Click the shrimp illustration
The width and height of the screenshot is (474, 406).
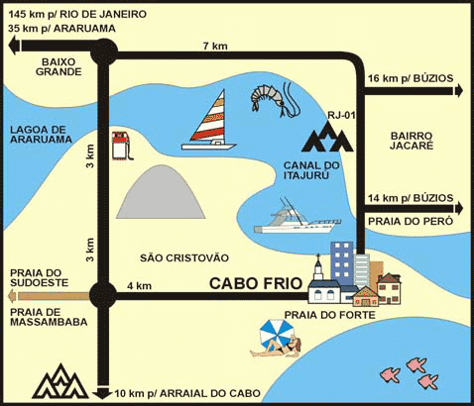tap(275, 98)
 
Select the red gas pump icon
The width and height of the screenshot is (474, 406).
tap(121, 146)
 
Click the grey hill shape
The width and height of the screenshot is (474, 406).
tap(161, 193)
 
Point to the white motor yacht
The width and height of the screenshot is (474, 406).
tap(296, 219)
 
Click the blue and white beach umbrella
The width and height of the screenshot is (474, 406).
tap(277, 333)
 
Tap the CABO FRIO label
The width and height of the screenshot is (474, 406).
tap(256, 283)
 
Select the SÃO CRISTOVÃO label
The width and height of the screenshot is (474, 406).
tap(184, 257)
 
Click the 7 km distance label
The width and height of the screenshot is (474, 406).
tap(215, 46)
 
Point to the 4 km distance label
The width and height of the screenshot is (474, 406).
tap(140, 285)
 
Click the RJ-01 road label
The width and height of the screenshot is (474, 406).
tap(341, 115)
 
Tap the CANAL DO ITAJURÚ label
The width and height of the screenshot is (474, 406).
tap(311, 170)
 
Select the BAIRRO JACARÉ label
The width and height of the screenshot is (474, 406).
tap(412, 141)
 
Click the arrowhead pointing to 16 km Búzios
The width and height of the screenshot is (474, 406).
tap(459, 90)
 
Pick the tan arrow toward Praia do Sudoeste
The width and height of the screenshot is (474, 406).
tap(50, 296)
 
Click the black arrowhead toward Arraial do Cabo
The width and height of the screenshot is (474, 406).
tap(102, 394)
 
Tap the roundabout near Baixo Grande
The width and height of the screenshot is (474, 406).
tap(104, 51)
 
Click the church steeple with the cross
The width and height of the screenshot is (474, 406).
tap(318, 267)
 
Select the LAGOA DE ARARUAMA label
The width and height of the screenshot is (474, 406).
tap(41, 135)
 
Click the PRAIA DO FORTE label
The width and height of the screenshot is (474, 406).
tap(330, 315)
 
